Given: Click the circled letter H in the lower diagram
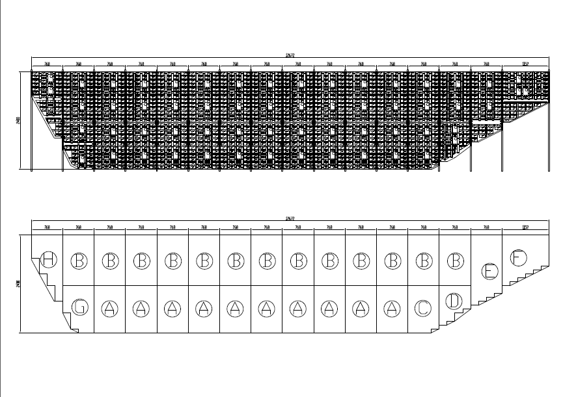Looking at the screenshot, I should pyautogui.click(x=48, y=260).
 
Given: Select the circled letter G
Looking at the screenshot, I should pyautogui.click(x=79, y=307).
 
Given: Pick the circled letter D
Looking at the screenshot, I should pyautogui.click(x=454, y=301).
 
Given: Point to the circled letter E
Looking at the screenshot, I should pyautogui.click(x=489, y=271).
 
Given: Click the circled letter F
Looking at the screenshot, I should pyautogui.click(x=518, y=257).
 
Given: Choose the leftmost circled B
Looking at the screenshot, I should pyautogui.click(x=79, y=261).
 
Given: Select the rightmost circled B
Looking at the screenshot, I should pyautogui.click(x=454, y=261).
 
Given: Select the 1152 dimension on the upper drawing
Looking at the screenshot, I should pyautogui.click(x=525, y=64).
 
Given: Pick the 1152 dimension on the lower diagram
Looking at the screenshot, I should pyautogui.click(x=525, y=227).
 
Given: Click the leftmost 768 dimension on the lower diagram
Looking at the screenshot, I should pyautogui.click(x=47, y=227).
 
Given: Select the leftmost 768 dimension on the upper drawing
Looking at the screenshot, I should pyautogui.click(x=47, y=64).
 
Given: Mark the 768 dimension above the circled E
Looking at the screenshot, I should pyautogui.click(x=486, y=227).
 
